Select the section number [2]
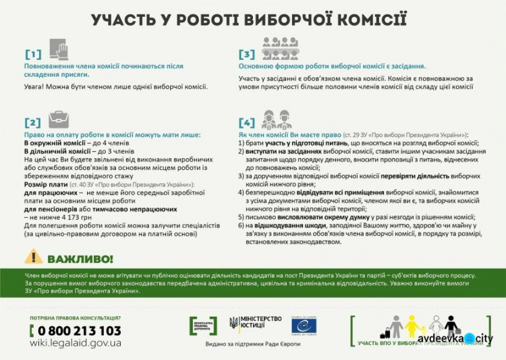pyautogui.click(x=33, y=122)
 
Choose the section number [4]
pyautogui.click(x=247, y=123)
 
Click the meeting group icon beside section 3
pyautogui.click(x=279, y=49)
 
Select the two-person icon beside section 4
pyautogui.click(x=277, y=119)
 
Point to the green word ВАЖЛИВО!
pyautogui.click(x=80, y=258)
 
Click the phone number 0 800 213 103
pyautogui.click(x=76, y=330)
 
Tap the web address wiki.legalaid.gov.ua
pyautogui.click(x=76, y=343)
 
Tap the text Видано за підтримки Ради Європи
pyautogui.click(x=252, y=345)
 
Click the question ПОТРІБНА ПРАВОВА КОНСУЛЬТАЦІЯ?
pyautogui.click(x=76, y=318)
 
